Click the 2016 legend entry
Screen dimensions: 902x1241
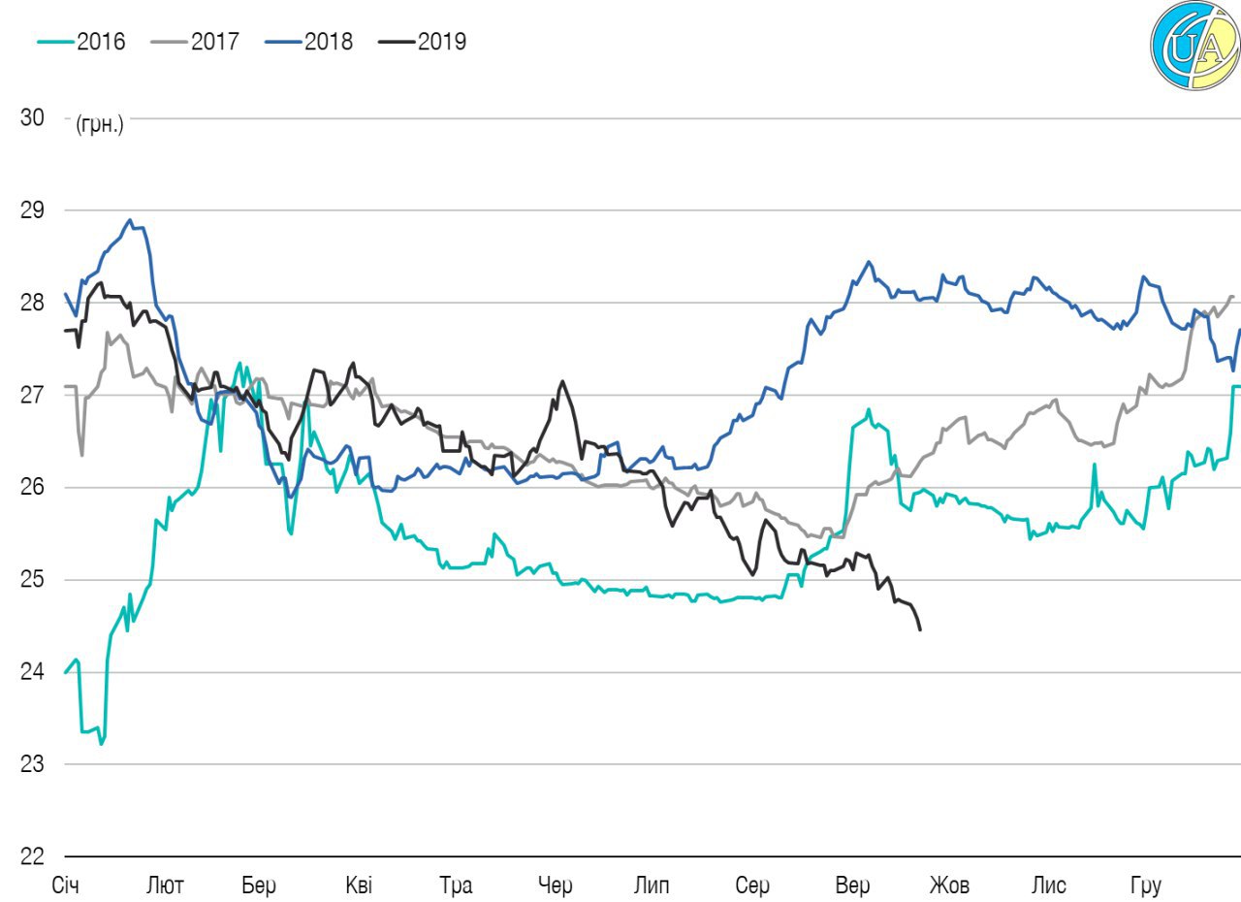pos(81,42)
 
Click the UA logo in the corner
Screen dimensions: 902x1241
pos(1195,46)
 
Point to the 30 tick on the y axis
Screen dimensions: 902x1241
pos(32,117)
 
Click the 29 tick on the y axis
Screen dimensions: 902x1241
pos(32,210)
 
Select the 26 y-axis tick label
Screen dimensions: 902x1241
pos(32,488)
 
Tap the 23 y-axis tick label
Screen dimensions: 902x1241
pos(32,764)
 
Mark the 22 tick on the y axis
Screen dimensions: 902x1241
pos(32,856)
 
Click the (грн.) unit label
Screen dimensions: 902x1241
pos(99,125)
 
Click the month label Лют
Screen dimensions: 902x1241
pos(164,886)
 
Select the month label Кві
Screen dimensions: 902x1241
pos(358,886)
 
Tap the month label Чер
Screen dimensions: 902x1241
pos(556,886)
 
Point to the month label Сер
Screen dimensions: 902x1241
pos(752,886)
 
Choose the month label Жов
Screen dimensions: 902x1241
pos(949,886)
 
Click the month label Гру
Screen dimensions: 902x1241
pos(1146,886)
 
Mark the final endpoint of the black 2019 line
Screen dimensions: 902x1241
pos(919,630)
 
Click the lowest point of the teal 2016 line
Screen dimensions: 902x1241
pos(101,744)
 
